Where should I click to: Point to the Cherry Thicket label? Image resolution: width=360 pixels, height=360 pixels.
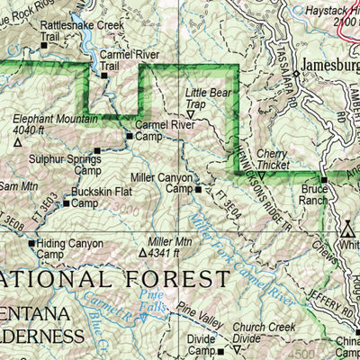click(x=272, y=159)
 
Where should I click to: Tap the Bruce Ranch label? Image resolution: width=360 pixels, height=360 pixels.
click(x=314, y=196)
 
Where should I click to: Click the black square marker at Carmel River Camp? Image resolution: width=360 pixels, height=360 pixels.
click(x=129, y=136)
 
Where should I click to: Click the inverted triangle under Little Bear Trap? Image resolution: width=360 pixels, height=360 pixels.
click(x=190, y=114)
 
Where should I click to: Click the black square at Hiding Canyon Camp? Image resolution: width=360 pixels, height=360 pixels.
click(x=31, y=243)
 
